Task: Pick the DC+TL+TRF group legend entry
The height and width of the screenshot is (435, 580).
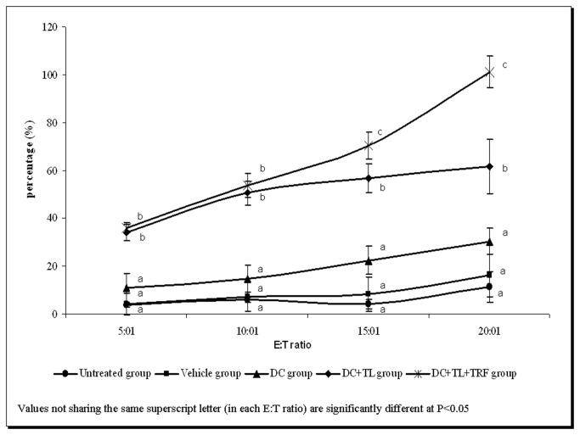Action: [470, 373]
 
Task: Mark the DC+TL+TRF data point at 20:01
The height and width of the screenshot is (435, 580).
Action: [489, 72]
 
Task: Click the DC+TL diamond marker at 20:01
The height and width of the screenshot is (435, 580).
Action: [489, 166]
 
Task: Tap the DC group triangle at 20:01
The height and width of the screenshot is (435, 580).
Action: [489, 242]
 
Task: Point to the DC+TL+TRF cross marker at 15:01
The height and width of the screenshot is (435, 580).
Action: [368, 146]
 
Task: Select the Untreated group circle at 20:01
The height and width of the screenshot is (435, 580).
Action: [489, 287]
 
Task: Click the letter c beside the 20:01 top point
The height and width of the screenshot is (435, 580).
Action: [505, 64]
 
